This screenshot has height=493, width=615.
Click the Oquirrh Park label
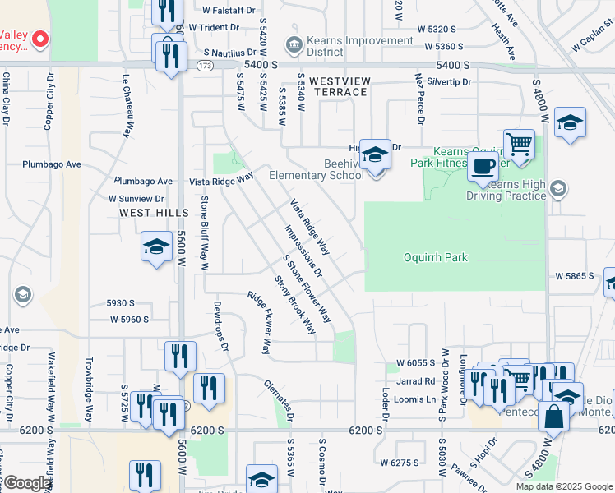435,257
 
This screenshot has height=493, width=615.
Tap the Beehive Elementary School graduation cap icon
374,155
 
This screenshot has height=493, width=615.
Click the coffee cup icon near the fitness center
483,167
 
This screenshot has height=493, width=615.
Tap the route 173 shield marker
205,65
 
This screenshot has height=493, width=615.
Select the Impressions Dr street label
303,251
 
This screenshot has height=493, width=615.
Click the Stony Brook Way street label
295,305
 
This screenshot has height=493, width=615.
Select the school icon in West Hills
155,246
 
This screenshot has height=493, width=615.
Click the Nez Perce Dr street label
419,98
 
